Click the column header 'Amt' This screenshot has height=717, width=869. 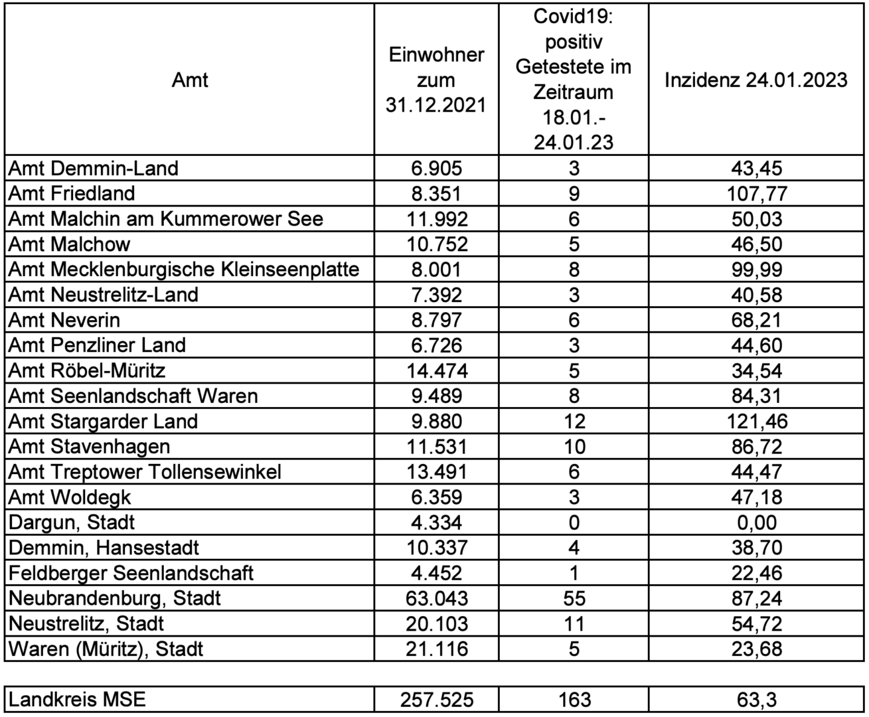(190, 80)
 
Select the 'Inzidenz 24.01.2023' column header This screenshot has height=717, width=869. (756, 80)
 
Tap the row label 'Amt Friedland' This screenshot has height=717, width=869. (72, 193)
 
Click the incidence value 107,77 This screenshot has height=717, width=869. (757, 194)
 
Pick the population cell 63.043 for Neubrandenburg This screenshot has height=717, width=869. (436, 598)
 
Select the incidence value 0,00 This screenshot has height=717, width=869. (757, 522)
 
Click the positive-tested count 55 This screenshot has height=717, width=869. (574, 598)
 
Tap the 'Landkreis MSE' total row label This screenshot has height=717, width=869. (77, 700)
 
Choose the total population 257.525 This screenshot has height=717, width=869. (436, 700)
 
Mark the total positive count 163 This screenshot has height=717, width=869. (574, 700)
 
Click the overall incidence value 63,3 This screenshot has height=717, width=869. (757, 700)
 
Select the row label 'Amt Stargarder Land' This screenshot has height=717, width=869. (103, 422)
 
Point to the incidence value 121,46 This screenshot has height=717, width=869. (757, 422)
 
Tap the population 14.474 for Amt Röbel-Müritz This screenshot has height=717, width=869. (436, 370)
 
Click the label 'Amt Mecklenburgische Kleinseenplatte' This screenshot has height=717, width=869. (184, 270)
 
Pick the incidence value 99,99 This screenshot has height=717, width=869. (757, 270)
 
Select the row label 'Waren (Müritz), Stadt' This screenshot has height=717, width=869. (106, 649)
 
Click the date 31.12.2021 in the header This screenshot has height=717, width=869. (436, 105)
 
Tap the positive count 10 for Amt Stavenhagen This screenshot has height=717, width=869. (574, 447)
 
